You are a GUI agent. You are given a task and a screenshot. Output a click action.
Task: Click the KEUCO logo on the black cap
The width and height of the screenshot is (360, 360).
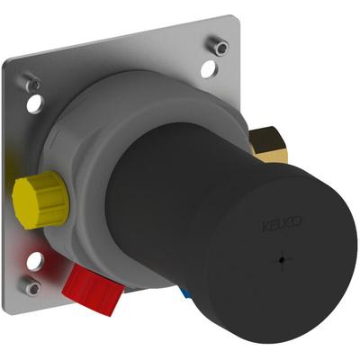point(282,224)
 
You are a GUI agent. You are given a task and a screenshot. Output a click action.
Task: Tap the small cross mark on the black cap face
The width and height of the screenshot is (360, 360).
point(280,260)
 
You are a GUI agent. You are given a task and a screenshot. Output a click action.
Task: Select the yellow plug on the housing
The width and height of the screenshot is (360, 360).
point(40,201)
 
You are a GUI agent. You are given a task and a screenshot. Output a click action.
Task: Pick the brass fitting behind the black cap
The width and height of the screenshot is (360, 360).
point(267,145)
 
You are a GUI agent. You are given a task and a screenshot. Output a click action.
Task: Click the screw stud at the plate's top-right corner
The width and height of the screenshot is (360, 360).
point(219,46)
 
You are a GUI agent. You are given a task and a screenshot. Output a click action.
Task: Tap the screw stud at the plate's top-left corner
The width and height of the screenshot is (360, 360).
point(33,84)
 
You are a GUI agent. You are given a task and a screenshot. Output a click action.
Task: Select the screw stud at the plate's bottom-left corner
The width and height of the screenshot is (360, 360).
point(30,285)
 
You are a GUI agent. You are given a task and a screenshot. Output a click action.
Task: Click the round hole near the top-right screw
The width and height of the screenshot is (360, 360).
point(208,68)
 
